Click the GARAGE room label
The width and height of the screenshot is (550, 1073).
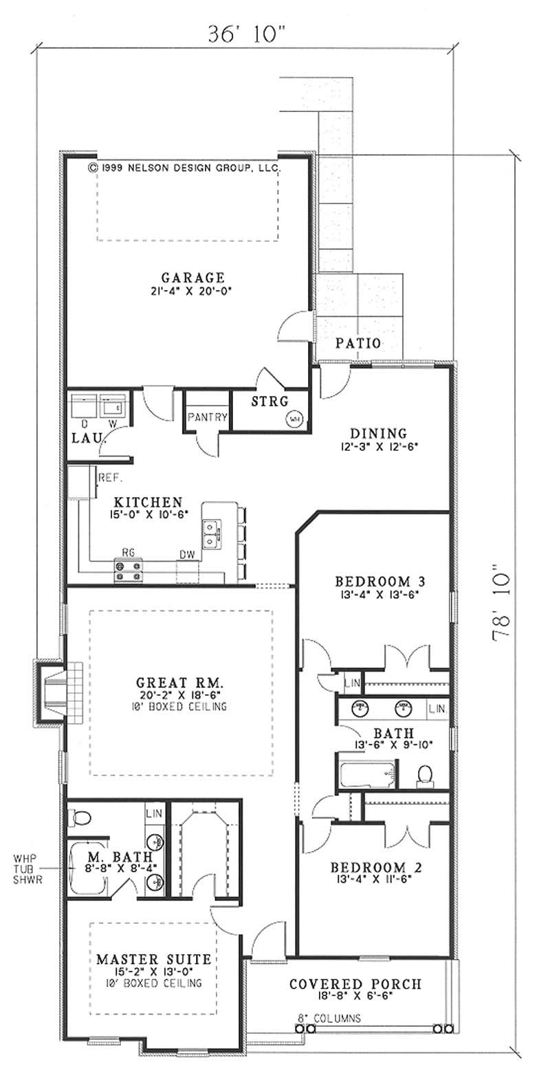(x=192, y=278)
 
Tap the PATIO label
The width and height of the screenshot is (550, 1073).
(x=357, y=342)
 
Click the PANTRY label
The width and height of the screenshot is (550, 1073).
(x=207, y=417)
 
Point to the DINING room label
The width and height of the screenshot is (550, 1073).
(x=378, y=433)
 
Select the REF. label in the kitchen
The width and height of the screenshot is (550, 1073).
(x=109, y=476)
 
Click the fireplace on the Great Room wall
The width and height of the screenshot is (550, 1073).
(x=55, y=692)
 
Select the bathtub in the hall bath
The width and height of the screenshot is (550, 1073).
(x=366, y=775)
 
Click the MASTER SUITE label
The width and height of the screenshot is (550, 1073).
(x=153, y=959)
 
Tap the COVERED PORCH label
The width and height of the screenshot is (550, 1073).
(x=355, y=984)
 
